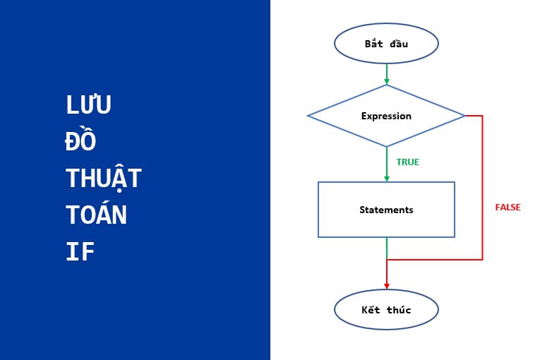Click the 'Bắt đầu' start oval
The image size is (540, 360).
click(x=386, y=44)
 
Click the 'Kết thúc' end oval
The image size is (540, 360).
click(x=386, y=310)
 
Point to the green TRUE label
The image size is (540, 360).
click(x=407, y=162)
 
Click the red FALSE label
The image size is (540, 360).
click(x=508, y=208)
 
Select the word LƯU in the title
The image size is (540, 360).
click(x=89, y=105)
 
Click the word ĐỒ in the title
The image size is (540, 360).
click(x=80, y=141)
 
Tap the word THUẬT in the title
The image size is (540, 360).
click(x=104, y=178)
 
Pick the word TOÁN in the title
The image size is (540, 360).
click(x=97, y=215)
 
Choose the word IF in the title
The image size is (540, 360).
click(x=80, y=252)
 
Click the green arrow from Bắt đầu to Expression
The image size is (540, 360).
click(x=387, y=72)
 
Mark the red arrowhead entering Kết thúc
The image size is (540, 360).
click(x=387, y=284)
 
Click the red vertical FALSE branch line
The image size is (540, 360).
click(x=482, y=187)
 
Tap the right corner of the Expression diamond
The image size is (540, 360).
click(x=463, y=116)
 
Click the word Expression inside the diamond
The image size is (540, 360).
click(x=386, y=116)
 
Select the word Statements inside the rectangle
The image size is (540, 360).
click(x=386, y=210)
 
